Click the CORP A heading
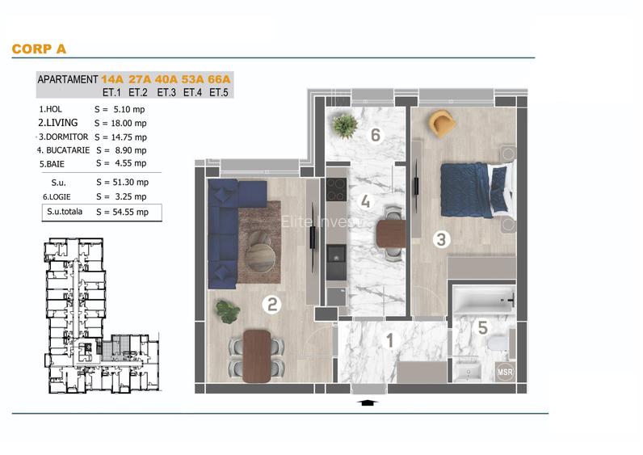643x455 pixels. pyautogui.click(x=39, y=49)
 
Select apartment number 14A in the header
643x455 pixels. pyautogui.click(x=112, y=79)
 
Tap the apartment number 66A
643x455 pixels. pyautogui.click(x=220, y=79)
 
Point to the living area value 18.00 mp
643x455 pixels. pyautogui.click(x=120, y=123)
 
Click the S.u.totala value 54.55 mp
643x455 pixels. pyautogui.click(x=122, y=213)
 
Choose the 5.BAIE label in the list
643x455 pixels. pyautogui.click(x=53, y=163)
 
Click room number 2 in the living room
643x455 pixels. pyautogui.click(x=273, y=304)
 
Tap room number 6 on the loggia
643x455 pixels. pyautogui.click(x=375, y=135)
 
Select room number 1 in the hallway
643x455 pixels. pyautogui.click(x=389, y=341)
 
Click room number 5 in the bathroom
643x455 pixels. pyautogui.click(x=482, y=327)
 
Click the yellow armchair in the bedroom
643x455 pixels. pyautogui.click(x=442, y=122)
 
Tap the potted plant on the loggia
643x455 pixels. pyautogui.click(x=346, y=125)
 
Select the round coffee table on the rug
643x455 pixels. pyautogui.click(x=260, y=258)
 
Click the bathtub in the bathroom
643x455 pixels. pyautogui.click(x=482, y=301)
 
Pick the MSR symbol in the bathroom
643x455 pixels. pyautogui.click(x=505, y=373)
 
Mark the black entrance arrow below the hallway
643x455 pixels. pyautogui.click(x=366, y=402)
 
